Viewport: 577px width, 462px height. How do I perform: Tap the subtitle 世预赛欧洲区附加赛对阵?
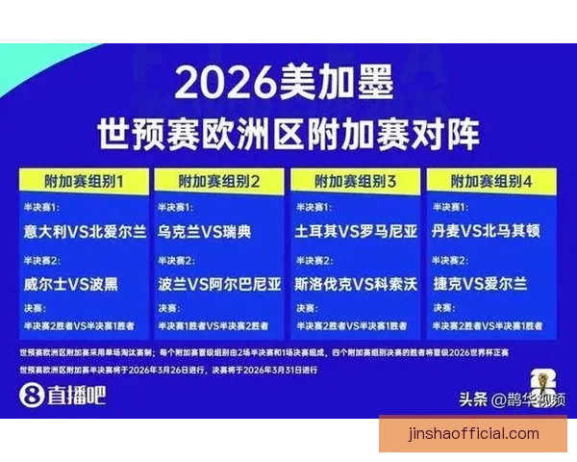click(x=288, y=133)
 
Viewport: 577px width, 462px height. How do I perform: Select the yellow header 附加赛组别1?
click(x=84, y=180)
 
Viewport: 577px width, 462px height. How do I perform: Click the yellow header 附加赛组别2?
click(x=219, y=180)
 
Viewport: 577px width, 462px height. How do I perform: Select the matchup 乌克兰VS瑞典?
click(x=204, y=231)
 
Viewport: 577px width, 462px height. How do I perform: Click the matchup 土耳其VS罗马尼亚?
click(x=357, y=231)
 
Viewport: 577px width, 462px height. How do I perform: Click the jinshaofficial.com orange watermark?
click(x=472, y=433)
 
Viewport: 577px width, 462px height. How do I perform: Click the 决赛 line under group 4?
click(x=490, y=326)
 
